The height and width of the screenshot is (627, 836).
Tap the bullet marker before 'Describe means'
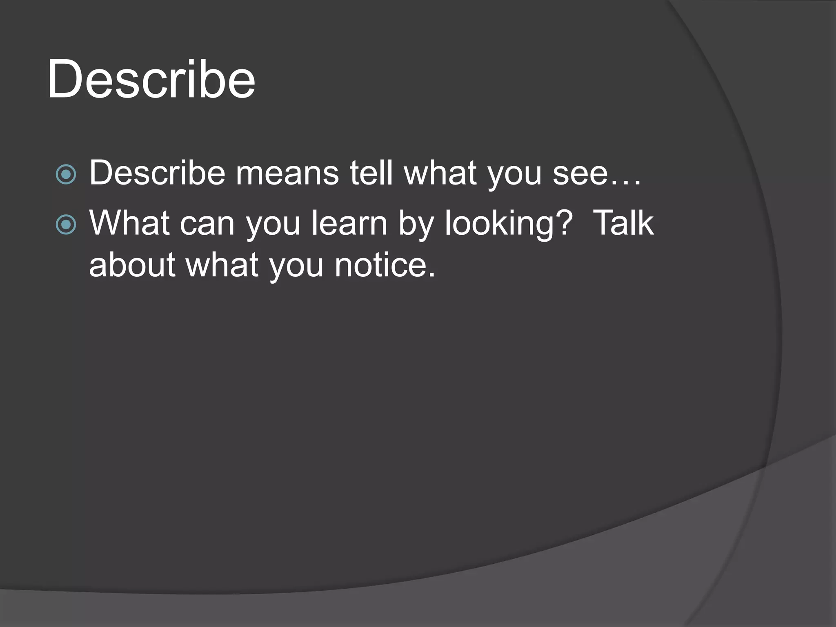[x=66, y=175]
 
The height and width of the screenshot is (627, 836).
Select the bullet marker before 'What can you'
[x=66, y=225]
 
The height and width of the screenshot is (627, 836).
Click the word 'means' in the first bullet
[x=287, y=173]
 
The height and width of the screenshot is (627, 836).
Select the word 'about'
[x=132, y=264]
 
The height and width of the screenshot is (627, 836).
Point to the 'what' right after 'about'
[x=222, y=264]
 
